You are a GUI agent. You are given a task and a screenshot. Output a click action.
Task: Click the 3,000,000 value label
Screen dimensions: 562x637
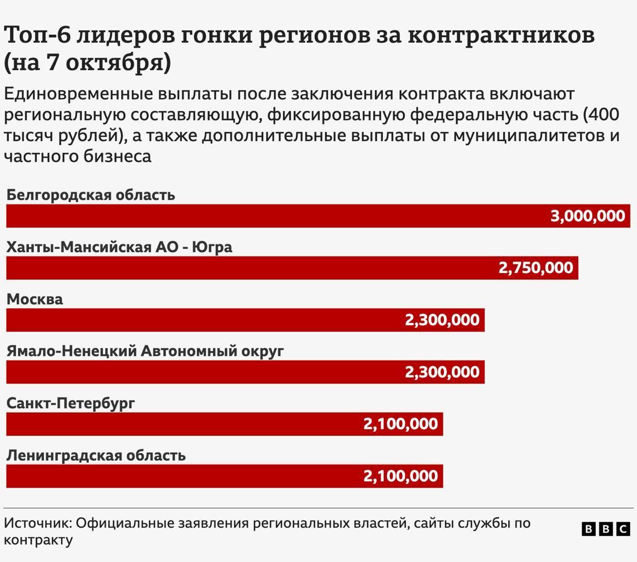click(x=587, y=216)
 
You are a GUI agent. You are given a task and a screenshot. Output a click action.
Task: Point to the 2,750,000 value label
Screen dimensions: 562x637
click(x=535, y=268)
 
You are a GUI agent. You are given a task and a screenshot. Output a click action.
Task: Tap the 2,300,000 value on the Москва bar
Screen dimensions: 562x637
click(x=442, y=320)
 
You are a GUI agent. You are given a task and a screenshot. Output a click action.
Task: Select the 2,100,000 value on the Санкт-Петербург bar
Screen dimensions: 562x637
click(x=401, y=424)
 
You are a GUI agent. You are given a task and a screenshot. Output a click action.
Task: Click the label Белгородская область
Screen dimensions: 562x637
click(x=91, y=194)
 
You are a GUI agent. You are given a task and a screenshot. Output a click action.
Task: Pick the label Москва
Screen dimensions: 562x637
click(x=35, y=299)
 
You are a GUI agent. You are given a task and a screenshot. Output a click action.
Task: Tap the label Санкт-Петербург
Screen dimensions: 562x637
click(x=71, y=403)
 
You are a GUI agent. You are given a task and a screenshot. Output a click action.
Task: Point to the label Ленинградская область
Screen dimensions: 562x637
click(x=96, y=455)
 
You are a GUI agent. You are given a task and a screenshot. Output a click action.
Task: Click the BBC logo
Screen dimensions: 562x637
click(x=606, y=529)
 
